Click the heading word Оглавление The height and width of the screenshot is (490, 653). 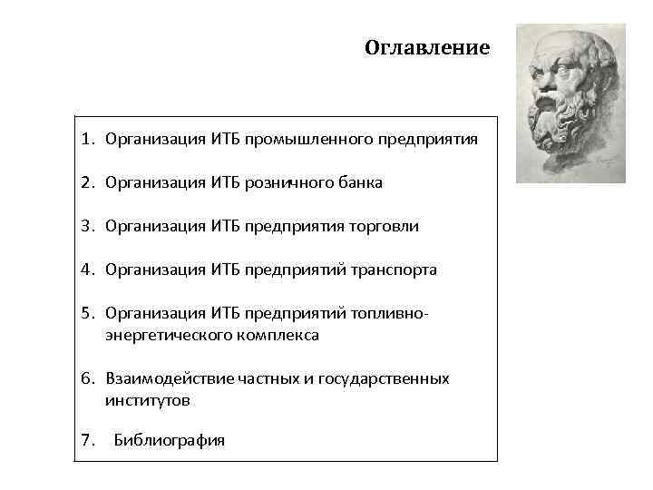(x=426, y=47)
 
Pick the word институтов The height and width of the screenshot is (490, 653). (x=148, y=400)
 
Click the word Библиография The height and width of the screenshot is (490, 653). (x=170, y=441)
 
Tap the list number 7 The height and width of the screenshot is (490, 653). (x=85, y=441)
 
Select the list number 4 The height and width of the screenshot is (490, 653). (x=85, y=269)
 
